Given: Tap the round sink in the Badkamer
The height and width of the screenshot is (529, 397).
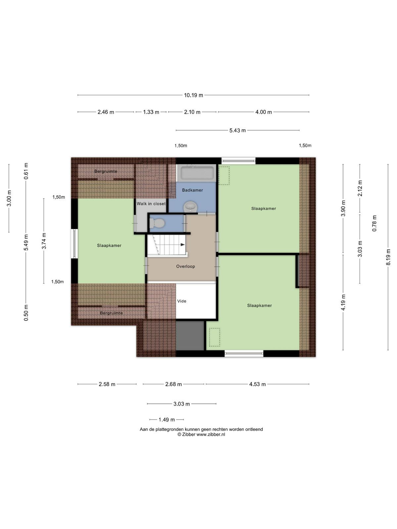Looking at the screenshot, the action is (191, 207).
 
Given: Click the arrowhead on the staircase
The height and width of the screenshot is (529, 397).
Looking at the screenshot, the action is (183, 245).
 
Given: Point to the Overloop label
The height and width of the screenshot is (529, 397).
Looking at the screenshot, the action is (185, 266).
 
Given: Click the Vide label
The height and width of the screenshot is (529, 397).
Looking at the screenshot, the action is (182, 301).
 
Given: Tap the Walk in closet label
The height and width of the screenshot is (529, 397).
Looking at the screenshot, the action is (151, 204).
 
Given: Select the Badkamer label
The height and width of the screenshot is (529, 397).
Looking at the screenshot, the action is (192, 190).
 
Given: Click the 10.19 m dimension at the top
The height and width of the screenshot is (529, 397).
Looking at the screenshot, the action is (193, 95).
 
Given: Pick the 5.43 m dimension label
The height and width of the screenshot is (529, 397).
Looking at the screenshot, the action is (238, 130).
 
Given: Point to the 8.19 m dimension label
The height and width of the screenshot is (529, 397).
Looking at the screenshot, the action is (388, 257).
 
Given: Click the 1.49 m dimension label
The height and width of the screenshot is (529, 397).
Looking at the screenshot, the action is (166, 420).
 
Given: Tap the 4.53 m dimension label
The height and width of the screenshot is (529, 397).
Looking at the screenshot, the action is (257, 384).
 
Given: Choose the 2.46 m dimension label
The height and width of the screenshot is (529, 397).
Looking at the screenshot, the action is (106, 112).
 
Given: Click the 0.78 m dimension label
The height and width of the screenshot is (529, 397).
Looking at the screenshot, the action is (375, 223).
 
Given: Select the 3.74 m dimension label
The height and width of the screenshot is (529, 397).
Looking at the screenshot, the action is (44, 241).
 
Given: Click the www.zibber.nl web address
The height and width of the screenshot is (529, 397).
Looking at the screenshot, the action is (211, 434).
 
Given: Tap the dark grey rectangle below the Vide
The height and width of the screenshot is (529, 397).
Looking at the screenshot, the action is (190, 336).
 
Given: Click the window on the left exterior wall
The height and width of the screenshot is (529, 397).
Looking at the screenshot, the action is (74, 244).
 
